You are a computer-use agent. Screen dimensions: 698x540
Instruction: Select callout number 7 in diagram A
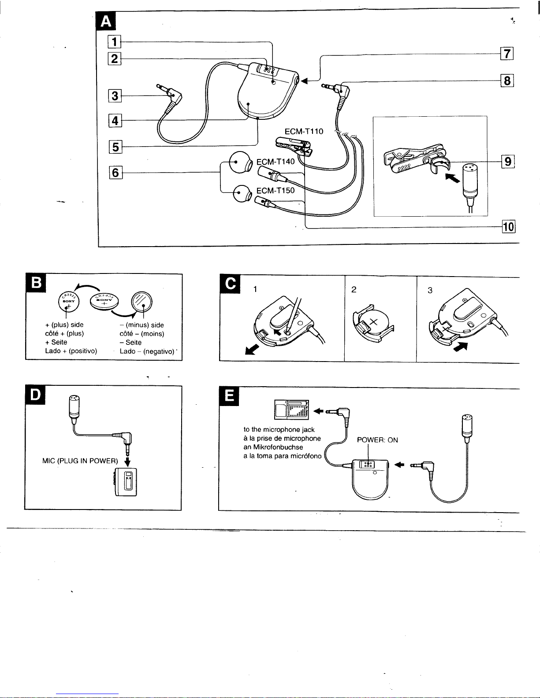point(507,54)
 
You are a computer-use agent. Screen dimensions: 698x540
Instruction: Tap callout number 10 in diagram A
point(509,227)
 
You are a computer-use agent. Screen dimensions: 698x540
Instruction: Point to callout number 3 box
point(115,96)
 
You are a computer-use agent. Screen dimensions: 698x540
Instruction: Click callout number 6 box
point(115,173)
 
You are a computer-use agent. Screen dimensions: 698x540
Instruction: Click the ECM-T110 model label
point(304,131)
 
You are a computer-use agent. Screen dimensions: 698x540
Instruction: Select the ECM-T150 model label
point(276,190)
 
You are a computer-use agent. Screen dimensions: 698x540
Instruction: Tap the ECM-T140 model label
point(276,162)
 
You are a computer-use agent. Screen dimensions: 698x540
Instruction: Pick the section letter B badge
point(37,282)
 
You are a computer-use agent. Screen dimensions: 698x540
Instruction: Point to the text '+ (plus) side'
point(64,325)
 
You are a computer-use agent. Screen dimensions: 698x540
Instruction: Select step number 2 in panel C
point(354,289)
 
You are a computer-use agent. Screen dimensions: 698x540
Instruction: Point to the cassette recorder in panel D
point(126,482)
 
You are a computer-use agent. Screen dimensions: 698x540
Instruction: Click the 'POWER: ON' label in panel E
point(377,440)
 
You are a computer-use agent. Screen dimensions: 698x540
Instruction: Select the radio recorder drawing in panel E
point(291,410)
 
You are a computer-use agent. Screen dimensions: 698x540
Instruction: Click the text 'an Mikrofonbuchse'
point(273,447)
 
